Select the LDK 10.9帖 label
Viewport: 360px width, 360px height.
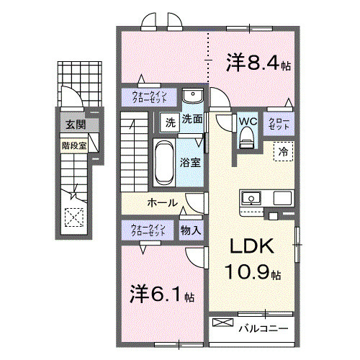click(252, 259)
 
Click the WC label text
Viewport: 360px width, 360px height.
click(247, 121)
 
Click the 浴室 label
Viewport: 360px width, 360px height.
click(191, 163)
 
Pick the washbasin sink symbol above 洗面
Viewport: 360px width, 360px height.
click(192, 97)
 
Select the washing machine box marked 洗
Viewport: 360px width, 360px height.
click(168, 122)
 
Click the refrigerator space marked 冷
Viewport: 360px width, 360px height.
click(283, 152)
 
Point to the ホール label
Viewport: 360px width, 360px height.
click(163, 203)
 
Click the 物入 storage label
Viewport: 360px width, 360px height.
click(191, 230)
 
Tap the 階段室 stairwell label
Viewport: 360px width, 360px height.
click(74, 143)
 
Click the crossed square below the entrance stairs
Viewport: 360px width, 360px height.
click(73, 216)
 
